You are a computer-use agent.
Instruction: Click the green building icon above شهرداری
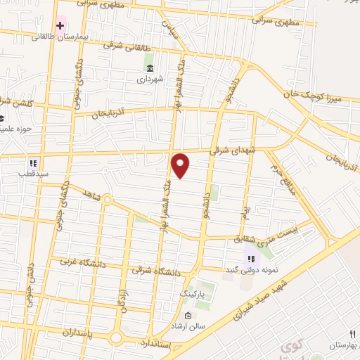pos(150,67)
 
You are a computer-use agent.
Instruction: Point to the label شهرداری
pos(150,79)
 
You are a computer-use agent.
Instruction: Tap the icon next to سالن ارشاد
pos(188,315)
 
